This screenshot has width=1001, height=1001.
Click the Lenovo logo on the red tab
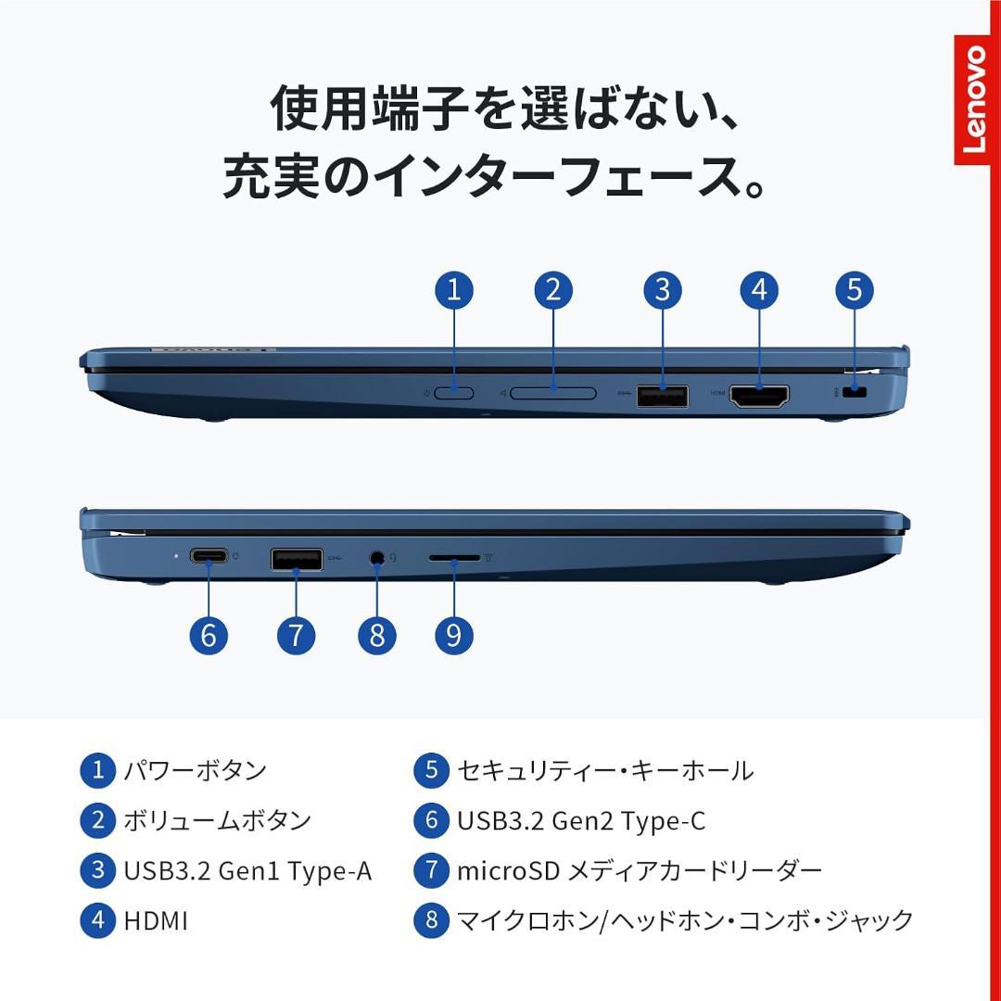[976, 100]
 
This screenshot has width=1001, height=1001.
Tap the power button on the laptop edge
[453, 393]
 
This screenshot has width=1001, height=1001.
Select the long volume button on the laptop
[553, 393]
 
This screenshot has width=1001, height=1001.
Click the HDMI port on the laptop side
[759, 396]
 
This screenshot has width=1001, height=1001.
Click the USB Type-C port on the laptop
[209, 557]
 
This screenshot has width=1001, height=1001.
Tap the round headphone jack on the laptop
[376, 558]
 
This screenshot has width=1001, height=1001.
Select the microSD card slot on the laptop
[454, 559]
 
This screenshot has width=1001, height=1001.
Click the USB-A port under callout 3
[662, 396]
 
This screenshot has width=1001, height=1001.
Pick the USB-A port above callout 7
[297, 559]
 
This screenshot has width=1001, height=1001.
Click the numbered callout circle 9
[453, 635]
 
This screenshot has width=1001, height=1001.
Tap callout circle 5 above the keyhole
[854, 290]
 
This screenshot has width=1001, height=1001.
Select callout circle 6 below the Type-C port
[209, 635]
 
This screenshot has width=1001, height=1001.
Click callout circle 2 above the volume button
[553, 290]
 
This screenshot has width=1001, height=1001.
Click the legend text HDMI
[156, 920]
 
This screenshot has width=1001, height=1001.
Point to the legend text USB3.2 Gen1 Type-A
[247, 870]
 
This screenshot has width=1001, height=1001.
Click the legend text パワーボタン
[196, 770]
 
